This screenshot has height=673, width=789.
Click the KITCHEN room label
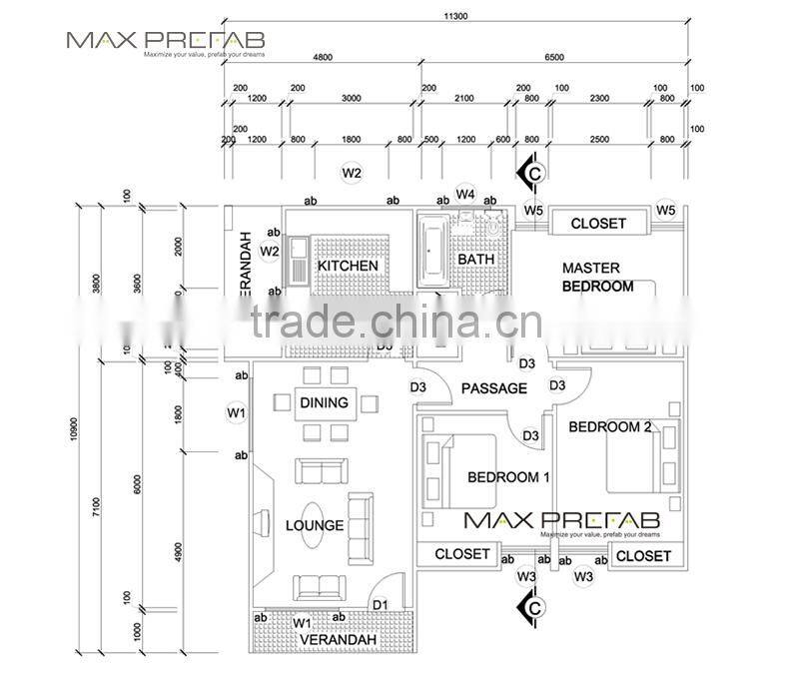348,266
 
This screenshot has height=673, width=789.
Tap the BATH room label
475,260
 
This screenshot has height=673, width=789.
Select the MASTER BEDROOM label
597,277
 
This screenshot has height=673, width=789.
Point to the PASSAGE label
493,388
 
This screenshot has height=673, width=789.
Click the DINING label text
324,403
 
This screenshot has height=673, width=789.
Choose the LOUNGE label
314,525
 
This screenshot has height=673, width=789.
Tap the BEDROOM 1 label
508,477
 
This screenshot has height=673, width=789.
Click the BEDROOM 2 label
610,427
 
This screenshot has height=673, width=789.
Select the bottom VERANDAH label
338,639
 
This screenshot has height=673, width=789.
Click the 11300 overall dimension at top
456,17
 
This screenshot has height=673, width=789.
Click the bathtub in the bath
432,251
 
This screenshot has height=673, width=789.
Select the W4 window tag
465,193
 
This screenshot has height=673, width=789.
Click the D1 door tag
380,604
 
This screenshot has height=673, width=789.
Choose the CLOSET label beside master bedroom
598,224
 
